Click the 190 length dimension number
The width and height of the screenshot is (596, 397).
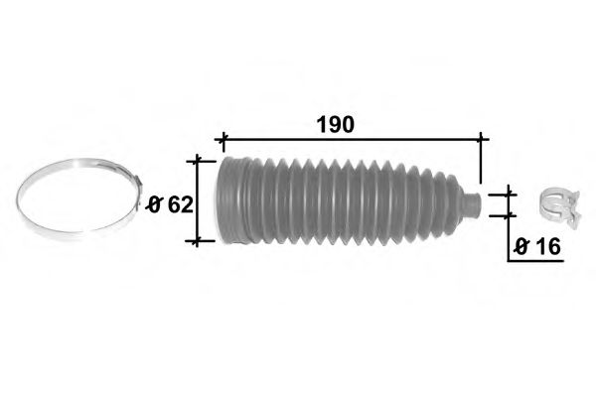pos(336,125)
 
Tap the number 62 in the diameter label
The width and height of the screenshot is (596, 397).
pos(181,205)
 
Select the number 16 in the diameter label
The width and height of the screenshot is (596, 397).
pos(548,247)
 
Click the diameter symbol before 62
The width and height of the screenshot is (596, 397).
pos(154,205)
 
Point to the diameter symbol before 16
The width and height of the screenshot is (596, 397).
pos(521,247)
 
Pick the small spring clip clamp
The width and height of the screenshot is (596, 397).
pos(561,207)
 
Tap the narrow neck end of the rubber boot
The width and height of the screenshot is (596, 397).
pos(473,205)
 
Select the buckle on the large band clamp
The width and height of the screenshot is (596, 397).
pos(138,185)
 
